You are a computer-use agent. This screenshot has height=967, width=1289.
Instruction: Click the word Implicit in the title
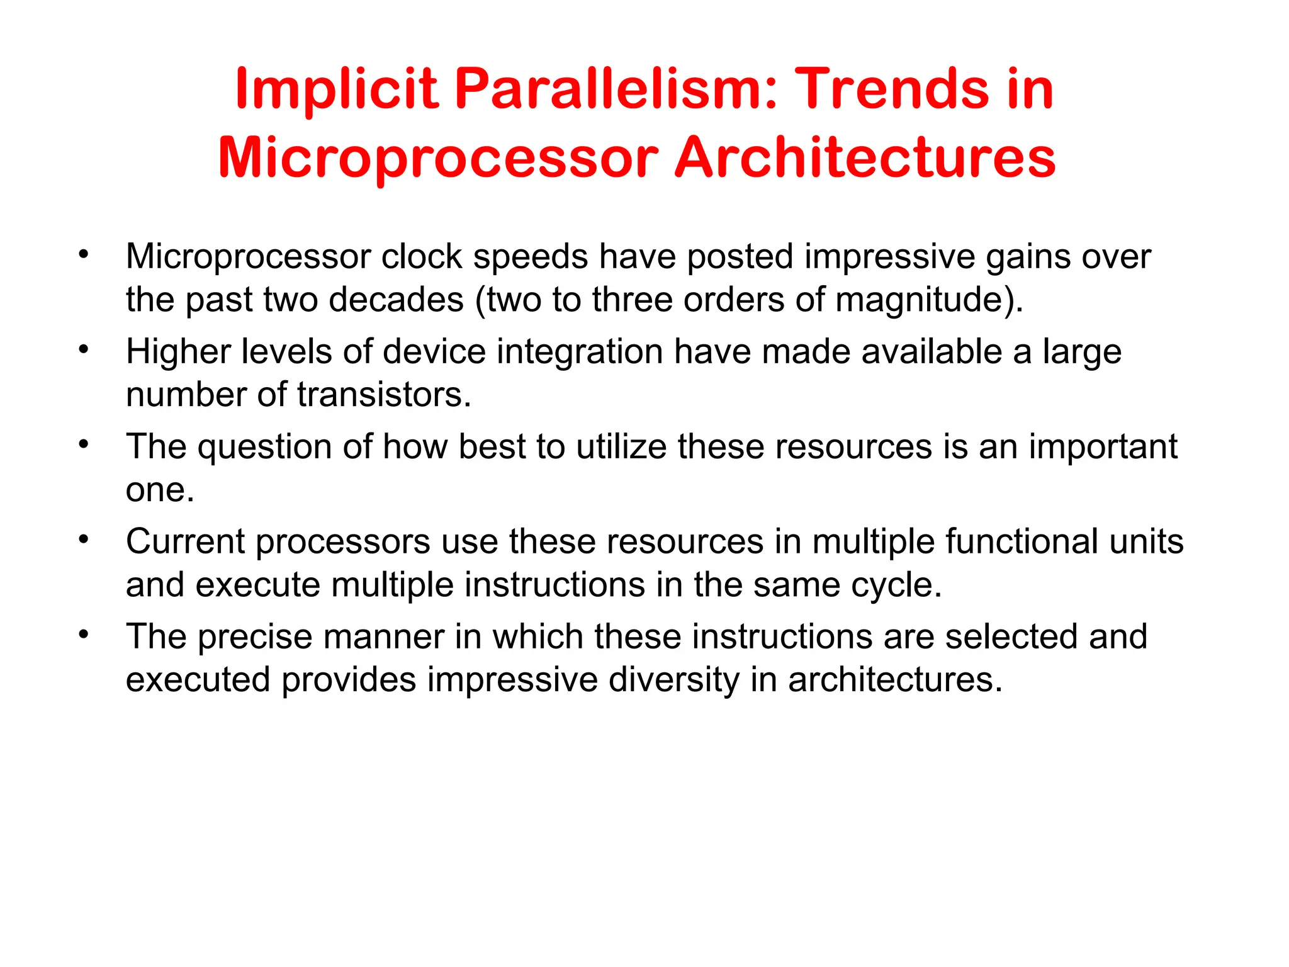click(335, 89)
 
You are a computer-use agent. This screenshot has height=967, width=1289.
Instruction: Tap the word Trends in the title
click(894, 89)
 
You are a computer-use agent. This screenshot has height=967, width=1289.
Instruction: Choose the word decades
click(396, 300)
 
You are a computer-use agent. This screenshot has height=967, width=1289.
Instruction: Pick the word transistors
click(384, 395)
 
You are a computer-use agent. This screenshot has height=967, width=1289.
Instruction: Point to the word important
click(1103, 447)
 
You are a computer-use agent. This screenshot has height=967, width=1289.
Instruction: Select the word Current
click(185, 541)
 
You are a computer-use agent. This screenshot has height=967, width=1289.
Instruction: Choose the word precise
click(255, 636)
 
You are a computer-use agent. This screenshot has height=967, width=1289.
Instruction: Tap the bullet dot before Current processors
click(84, 539)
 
